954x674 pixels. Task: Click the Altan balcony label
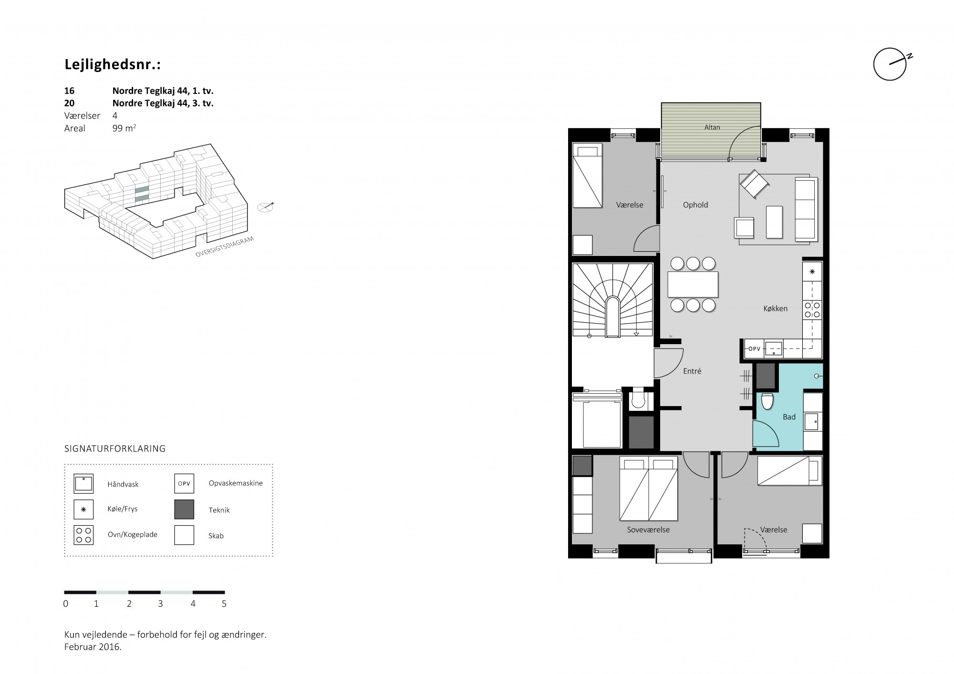pyautogui.click(x=712, y=127)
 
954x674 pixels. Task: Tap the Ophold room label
pyautogui.click(x=695, y=205)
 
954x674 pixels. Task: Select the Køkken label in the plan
pyautogui.click(x=775, y=308)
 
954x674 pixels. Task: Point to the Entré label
pyautogui.click(x=692, y=371)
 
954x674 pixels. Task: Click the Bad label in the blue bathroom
pyautogui.click(x=789, y=417)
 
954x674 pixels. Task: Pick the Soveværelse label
pyautogui.click(x=648, y=530)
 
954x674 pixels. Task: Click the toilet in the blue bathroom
pyautogui.click(x=767, y=401)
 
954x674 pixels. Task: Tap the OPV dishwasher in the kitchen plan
pyautogui.click(x=754, y=349)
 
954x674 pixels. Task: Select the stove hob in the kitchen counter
pyautogui.click(x=812, y=309)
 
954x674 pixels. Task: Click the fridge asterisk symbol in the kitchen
pyautogui.click(x=812, y=272)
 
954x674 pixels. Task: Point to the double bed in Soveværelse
pyautogui.click(x=649, y=489)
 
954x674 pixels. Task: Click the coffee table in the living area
pyautogui.click(x=774, y=222)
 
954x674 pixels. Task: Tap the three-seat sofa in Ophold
pyautogui.click(x=806, y=209)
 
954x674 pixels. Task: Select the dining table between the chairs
pyautogui.click(x=693, y=284)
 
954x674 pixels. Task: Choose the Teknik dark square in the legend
pyautogui.click(x=184, y=510)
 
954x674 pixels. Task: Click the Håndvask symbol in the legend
pyautogui.click(x=83, y=484)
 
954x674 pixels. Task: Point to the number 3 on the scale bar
pyautogui.click(x=160, y=604)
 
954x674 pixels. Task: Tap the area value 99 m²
pyautogui.click(x=124, y=128)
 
